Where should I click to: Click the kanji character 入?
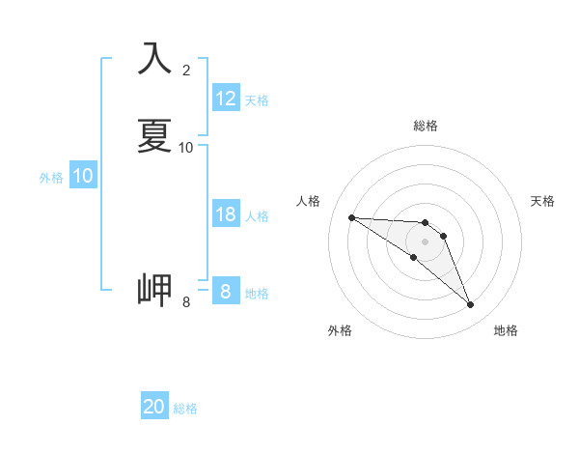(154, 59)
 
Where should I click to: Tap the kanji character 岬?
(154, 289)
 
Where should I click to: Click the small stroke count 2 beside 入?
(186, 70)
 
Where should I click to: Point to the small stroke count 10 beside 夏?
(186, 147)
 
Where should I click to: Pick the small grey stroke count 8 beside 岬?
(186, 301)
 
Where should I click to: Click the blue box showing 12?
(226, 99)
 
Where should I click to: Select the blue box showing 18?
(226, 214)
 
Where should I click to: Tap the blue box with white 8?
(225, 291)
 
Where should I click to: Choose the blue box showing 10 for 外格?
(83, 176)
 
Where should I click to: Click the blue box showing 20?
(154, 407)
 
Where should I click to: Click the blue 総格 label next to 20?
(185, 409)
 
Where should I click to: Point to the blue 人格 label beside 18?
(258, 215)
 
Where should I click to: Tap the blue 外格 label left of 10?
(50, 178)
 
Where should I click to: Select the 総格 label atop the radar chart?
(426, 126)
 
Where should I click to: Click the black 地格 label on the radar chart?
(506, 330)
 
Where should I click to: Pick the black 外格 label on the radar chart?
(340, 330)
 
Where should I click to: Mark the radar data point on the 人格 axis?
(351, 217)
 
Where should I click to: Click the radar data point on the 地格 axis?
(471, 305)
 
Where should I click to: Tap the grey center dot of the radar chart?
(426, 241)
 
